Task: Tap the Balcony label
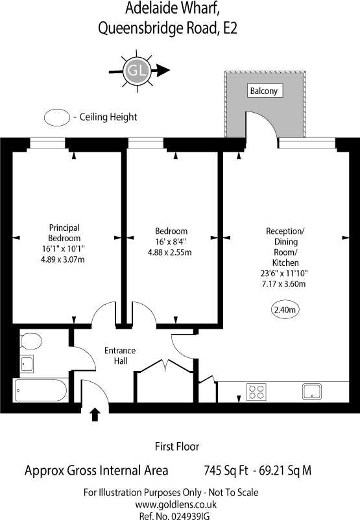pyautogui.click(x=263, y=91)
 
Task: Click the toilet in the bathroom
pyautogui.click(x=30, y=340)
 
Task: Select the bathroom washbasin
pyautogui.click(x=27, y=364)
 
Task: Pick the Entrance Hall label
pyautogui.click(x=120, y=355)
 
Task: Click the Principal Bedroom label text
pyautogui.click(x=64, y=233)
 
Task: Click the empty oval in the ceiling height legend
pyautogui.click(x=57, y=117)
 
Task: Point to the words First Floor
pyautogui.click(x=176, y=446)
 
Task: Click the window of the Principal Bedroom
pyautogui.click(x=48, y=144)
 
